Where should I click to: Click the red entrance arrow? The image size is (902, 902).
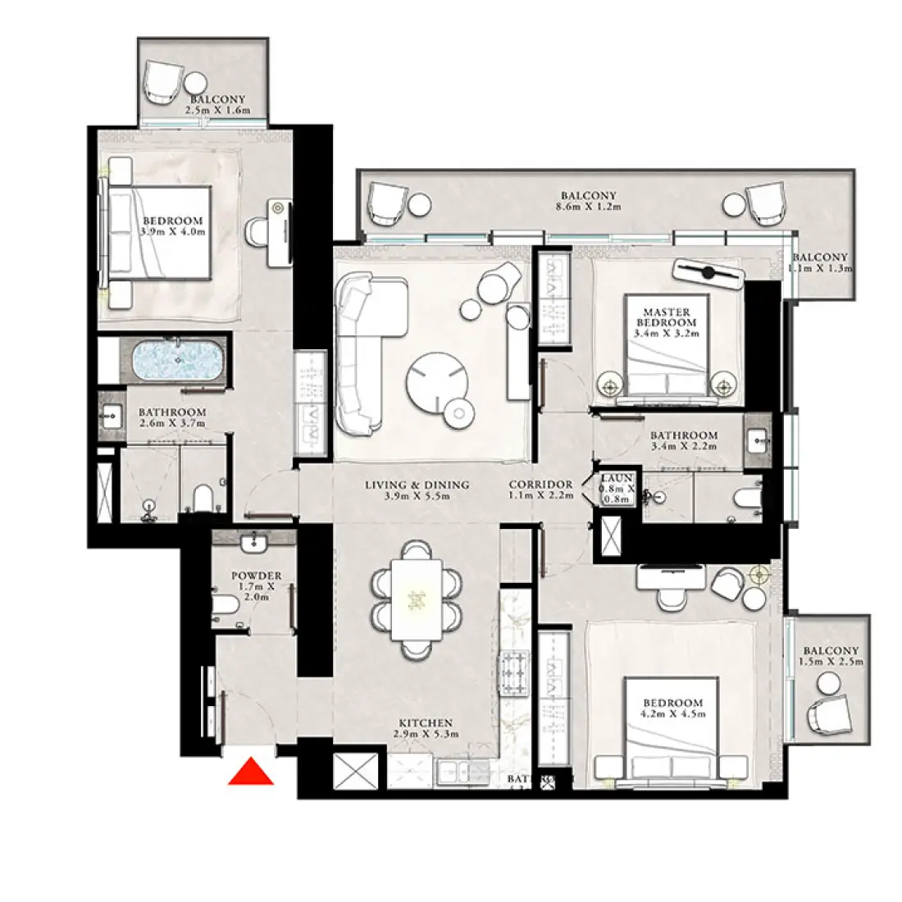tap(252, 772)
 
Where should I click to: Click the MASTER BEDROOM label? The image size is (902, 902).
tap(667, 317)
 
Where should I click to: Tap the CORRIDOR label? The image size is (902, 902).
tap(540, 485)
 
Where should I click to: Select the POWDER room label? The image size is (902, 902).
tap(256, 576)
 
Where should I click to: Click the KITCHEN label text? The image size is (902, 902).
tap(426, 722)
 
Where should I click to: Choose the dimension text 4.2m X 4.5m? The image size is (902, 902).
tap(672, 713)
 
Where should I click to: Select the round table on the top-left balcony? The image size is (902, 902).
tap(195, 83)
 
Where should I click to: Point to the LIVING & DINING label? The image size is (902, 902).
tap(417, 485)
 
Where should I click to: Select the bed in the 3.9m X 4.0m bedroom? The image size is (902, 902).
tap(160, 232)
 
